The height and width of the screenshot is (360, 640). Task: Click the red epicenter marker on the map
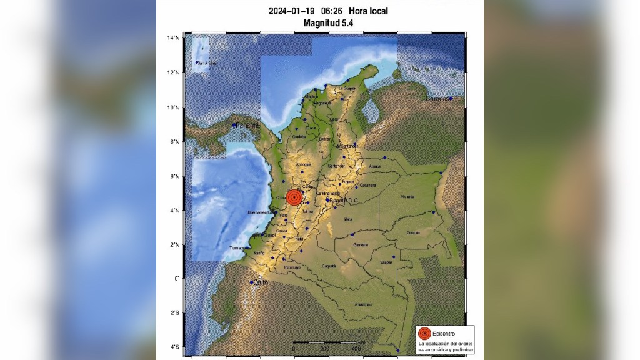click(x=295, y=197)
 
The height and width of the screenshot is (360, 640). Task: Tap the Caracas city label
click(x=437, y=99)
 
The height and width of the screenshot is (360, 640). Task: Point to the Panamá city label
click(x=246, y=125)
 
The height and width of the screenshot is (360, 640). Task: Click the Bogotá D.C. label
click(x=343, y=200)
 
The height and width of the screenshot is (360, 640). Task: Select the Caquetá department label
click(x=328, y=266)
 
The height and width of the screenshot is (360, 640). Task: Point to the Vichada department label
click(x=407, y=196)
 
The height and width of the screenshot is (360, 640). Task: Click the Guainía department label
click(x=412, y=232)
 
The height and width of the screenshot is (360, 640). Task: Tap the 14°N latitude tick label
click(x=173, y=38)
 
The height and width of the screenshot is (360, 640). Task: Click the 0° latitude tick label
click(x=177, y=279)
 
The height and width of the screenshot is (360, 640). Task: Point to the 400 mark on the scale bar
click(x=356, y=348)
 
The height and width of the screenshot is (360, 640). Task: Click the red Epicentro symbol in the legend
click(x=424, y=333)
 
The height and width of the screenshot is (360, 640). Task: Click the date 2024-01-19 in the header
click(x=291, y=11)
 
